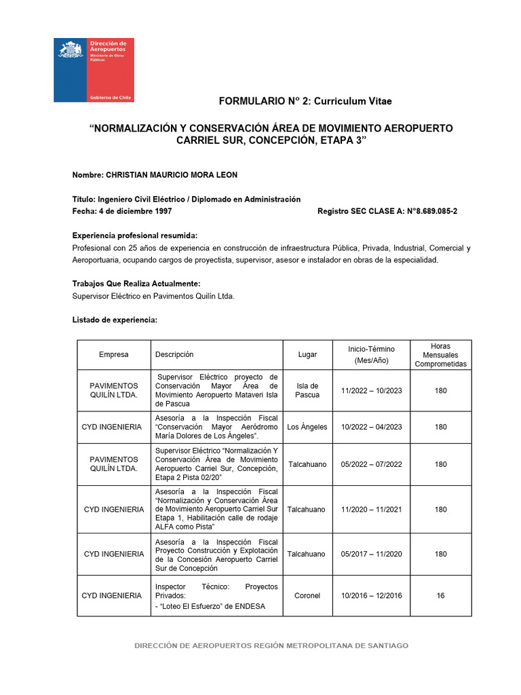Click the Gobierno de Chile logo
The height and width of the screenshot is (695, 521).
coord(94,70)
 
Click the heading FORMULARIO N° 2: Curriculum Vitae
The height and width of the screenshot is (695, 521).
coord(305,101)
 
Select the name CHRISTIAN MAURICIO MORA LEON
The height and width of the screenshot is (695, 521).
coord(171,175)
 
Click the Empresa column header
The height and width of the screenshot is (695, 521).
coord(113,354)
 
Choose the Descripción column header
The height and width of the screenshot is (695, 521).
coord(174,354)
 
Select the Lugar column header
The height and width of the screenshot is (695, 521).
coord(307,354)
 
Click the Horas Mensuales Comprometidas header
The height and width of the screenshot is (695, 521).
coord(440,354)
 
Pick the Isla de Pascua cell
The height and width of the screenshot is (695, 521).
coord(307,390)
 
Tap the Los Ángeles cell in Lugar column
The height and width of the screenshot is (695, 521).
coord(307,427)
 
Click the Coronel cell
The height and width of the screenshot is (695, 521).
coord(307,595)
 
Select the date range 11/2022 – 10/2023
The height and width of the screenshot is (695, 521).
coord(372,390)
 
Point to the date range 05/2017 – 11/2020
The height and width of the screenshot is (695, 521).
coord(372,554)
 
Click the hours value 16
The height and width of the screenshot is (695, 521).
coord(440,595)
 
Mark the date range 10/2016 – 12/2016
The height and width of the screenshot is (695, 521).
coord(372,595)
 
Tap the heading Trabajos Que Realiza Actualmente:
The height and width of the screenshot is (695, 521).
coord(136,284)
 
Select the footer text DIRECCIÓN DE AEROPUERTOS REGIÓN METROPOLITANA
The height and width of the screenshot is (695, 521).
coord(272,645)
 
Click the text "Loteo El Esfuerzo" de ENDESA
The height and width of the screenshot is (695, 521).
coord(210,606)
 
